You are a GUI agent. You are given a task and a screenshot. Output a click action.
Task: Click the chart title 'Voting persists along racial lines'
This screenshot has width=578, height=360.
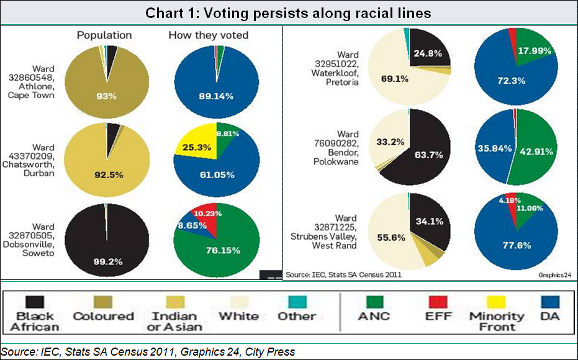(x=289, y=12)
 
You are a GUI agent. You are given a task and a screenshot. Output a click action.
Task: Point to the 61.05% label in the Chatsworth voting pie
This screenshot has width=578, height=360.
(x=216, y=175)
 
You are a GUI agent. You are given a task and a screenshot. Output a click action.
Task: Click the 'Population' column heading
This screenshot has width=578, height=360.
(x=104, y=35)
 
